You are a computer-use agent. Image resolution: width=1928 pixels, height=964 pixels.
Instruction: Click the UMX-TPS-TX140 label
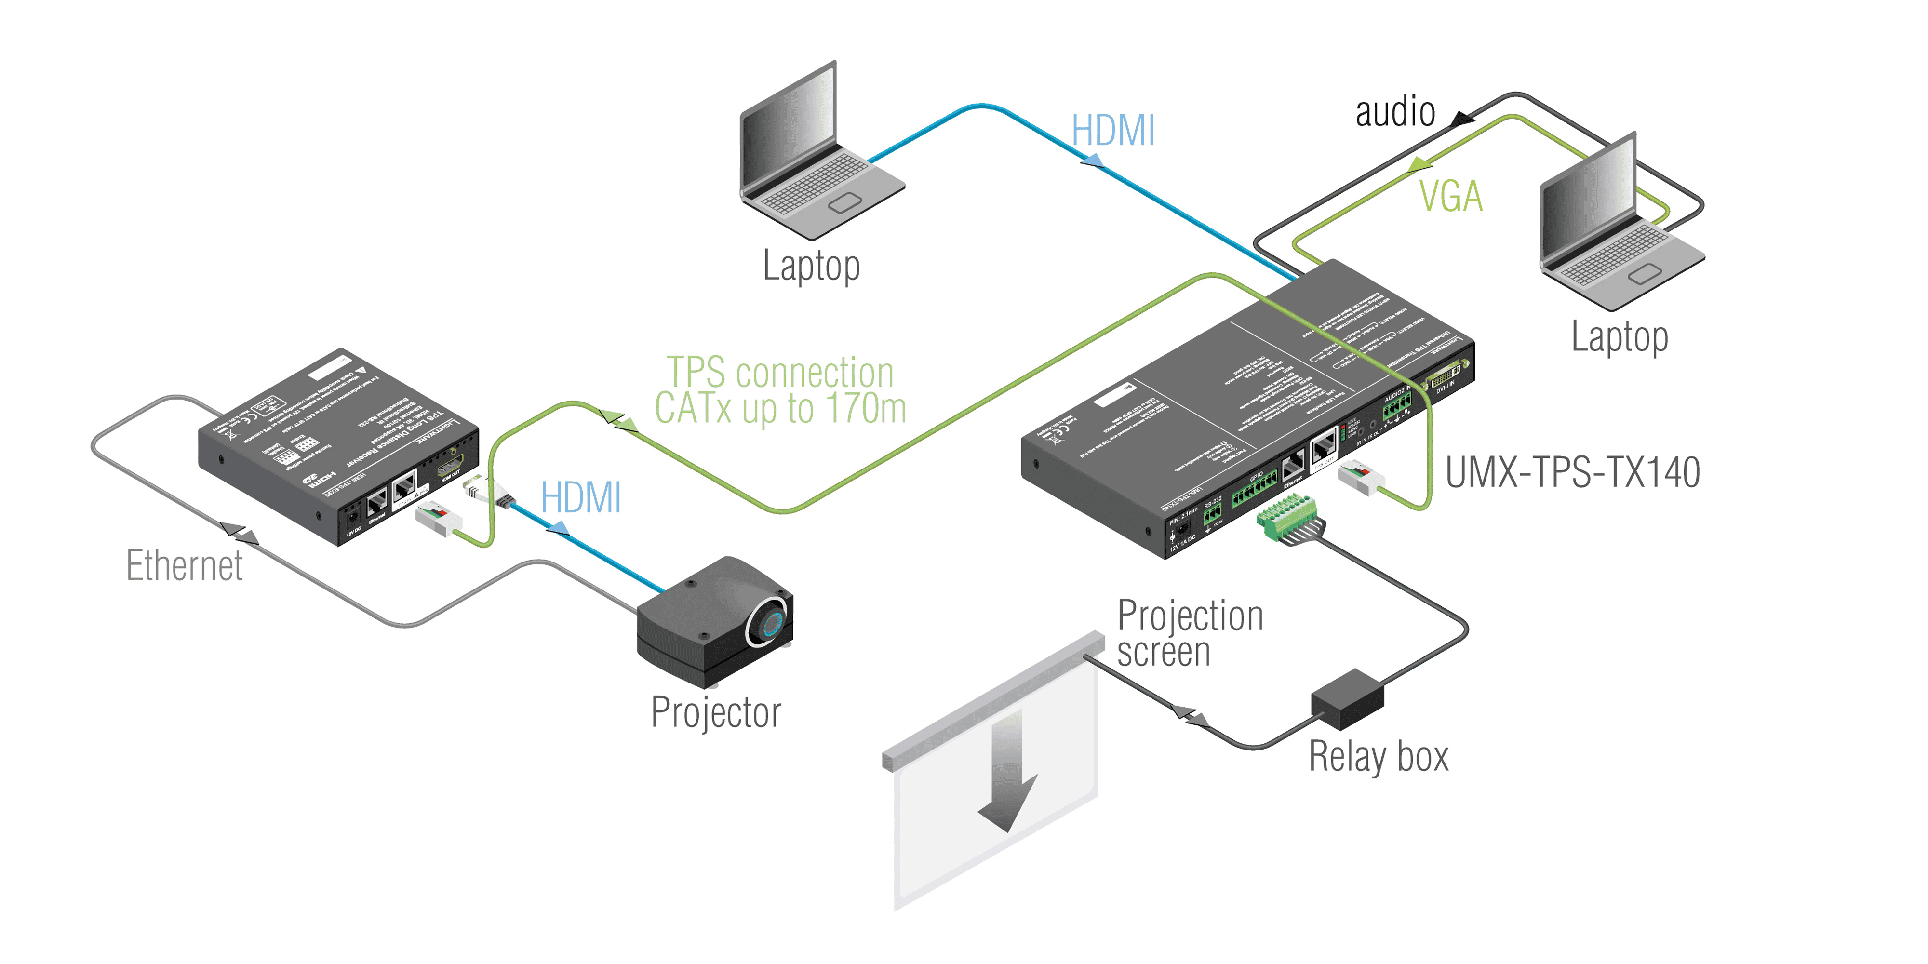point(1572,473)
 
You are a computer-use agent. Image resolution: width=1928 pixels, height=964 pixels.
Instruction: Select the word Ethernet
point(184,566)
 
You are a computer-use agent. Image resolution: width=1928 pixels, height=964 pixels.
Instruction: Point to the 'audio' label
point(1395,112)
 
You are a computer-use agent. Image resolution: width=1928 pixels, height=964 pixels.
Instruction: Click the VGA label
point(1450,197)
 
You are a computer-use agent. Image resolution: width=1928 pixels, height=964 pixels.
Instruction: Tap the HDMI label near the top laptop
point(1113,131)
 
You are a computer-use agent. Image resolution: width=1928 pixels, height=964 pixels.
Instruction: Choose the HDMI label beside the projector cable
point(581,498)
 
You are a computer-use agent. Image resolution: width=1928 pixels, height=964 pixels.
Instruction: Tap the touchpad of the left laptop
point(844,202)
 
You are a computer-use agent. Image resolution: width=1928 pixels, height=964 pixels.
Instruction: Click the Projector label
point(715,712)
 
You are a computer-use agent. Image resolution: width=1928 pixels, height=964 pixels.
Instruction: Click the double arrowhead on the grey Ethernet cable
point(240,534)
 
